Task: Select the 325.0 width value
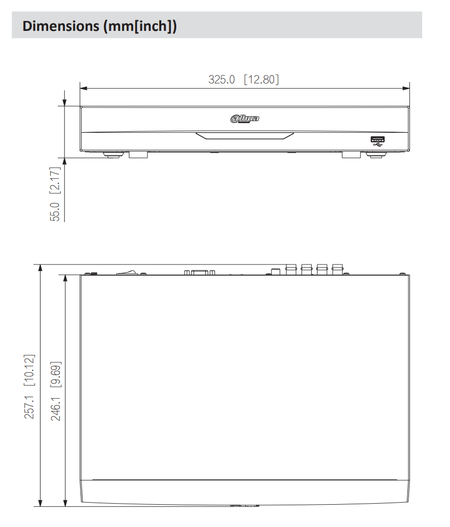point(221,80)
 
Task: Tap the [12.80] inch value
point(261,80)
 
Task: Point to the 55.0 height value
point(55,211)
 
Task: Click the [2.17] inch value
point(55,181)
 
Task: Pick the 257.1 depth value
point(30,407)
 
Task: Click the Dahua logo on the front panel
point(245,119)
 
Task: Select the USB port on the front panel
point(378,139)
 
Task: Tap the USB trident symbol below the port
point(378,145)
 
